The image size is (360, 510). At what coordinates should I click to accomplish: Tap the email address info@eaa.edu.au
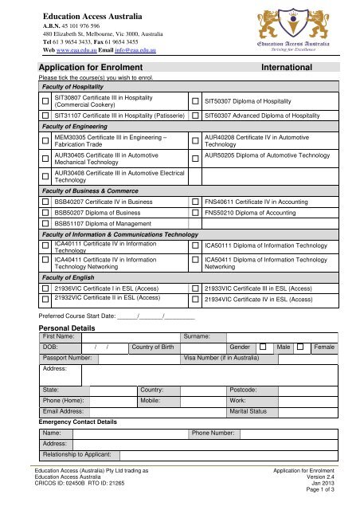click(x=131, y=51)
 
